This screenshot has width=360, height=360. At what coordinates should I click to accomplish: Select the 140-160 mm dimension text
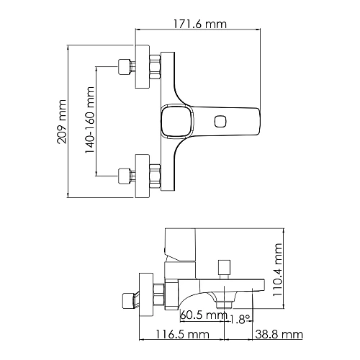tap(90, 120)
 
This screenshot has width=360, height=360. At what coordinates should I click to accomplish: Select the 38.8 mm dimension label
tap(278, 336)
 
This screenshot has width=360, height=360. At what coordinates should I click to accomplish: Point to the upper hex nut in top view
tap(153, 68)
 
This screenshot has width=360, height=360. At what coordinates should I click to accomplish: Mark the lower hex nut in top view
tap(153, 173)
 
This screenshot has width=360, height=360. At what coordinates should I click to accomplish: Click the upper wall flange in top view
tap(141, 68)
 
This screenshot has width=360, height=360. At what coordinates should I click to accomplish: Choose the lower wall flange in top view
tap(141, 173)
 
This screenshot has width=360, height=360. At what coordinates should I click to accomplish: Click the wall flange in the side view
tap(146, 293)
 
